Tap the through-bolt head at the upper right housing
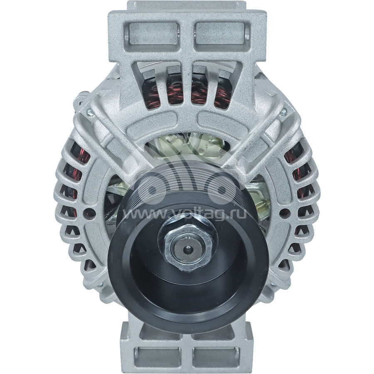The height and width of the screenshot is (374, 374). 284,111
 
